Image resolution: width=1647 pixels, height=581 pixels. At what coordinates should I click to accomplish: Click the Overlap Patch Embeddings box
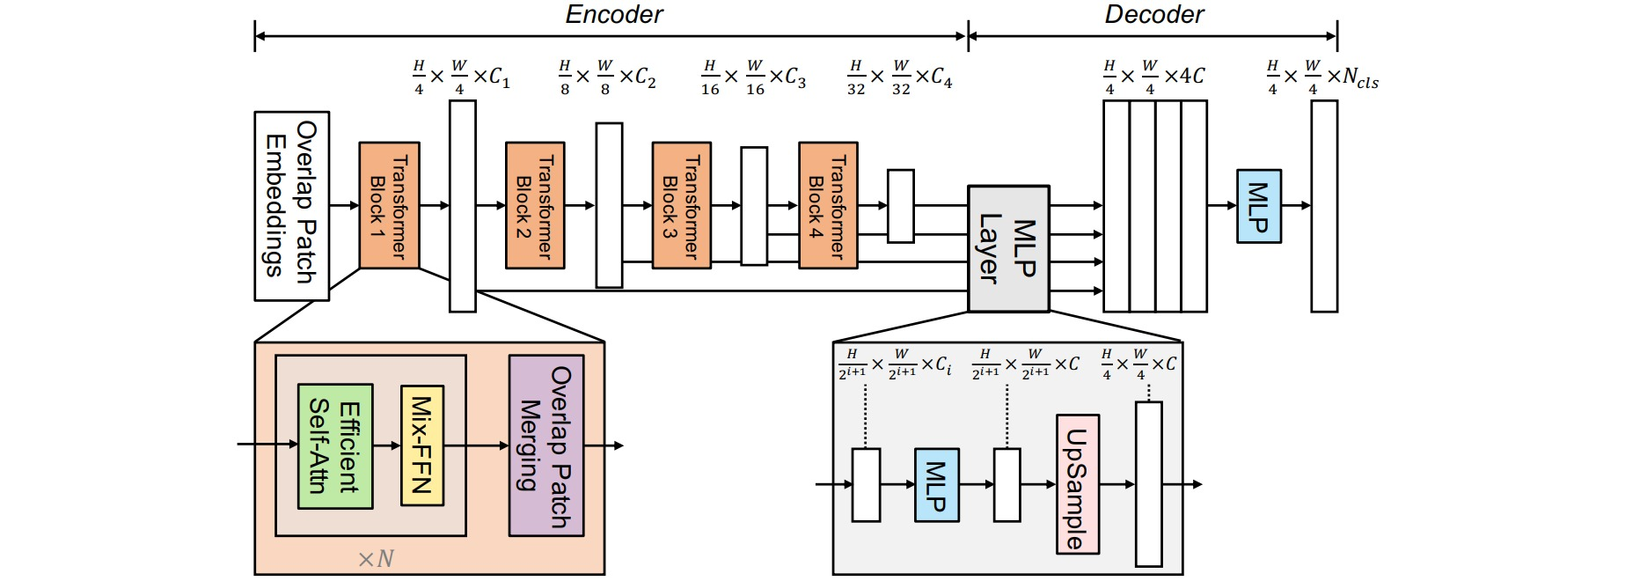[x=291, y=206]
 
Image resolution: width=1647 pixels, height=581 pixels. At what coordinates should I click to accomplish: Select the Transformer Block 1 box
[x=389, y=205]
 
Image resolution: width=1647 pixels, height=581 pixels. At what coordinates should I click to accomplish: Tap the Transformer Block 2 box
[x=535, y=205]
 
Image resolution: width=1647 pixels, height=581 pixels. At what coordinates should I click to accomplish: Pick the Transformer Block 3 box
[x=681, y=205]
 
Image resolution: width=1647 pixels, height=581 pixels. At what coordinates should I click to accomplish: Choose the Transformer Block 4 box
[x=828, y=205]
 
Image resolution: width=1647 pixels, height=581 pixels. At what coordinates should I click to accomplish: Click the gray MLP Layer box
[x=1008, y=248]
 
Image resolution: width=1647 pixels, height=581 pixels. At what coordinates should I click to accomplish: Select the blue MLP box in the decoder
[x=1258, y=206]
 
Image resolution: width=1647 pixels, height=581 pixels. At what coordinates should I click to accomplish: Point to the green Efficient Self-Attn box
[x=335, y=446]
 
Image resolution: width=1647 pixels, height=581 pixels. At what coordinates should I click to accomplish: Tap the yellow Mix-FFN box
[x=421, y=445]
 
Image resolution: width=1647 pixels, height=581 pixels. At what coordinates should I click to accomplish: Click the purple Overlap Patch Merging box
[x=546, y=446]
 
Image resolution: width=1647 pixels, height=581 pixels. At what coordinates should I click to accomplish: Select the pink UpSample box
[x=1077, y=484]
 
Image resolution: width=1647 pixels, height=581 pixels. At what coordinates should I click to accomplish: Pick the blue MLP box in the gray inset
[x=936, y=485]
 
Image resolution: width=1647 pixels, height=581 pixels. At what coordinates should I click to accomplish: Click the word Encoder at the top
[x=613, y=15]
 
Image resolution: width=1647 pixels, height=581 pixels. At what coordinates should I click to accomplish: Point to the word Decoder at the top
[x=1153, y=15]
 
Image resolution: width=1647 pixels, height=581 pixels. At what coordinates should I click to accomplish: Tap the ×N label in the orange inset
[x=376, y=559]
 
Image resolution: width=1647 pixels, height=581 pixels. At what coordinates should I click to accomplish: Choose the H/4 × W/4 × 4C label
[x=1154, y=77]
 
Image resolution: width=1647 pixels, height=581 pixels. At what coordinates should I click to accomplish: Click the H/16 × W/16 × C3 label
[x=754, y=77]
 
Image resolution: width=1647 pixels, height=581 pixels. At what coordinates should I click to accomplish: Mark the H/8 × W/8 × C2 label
[x=607, y=77]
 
